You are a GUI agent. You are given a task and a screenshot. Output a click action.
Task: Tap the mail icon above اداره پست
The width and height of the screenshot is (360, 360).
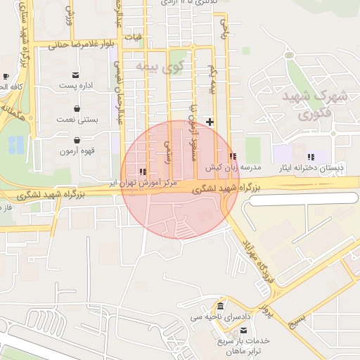[x=75, y=75]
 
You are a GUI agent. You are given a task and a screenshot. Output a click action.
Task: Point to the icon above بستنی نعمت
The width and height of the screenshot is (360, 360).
[x=76, y=108]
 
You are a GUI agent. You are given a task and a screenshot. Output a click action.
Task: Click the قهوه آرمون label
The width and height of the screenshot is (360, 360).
[x=77, y=150]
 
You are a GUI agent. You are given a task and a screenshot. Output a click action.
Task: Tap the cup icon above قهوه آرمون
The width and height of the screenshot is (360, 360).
[x=76, y=139]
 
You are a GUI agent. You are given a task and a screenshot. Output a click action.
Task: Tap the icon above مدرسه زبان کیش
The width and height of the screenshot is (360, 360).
[x=233, y=156]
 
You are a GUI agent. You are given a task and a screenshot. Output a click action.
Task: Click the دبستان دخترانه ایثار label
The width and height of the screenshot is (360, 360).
[x=311, y=168]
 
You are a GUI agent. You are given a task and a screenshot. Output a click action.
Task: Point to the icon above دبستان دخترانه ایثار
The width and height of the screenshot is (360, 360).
[x=311, y=157]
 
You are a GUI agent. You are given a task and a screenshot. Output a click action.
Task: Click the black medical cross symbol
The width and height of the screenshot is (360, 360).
[x=210, y=122]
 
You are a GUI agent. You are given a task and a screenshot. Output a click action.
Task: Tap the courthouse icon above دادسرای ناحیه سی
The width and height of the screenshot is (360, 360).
[x=221, y=307]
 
